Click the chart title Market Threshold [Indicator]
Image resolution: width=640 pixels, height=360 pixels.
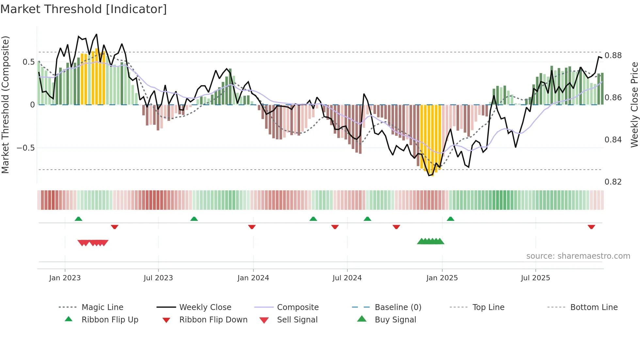click(84, 9)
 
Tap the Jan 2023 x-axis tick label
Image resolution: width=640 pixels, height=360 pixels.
click(65, 278)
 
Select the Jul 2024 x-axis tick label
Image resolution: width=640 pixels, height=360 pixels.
click(347, 278)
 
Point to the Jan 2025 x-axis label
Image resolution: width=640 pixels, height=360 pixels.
click(442, 278)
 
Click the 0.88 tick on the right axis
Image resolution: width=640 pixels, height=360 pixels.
click(613, 56)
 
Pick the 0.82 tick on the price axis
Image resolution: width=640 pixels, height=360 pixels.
click(613, 182)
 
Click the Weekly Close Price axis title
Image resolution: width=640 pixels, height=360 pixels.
click(634, 105)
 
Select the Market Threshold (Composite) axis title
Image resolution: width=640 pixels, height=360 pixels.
click(5, 105)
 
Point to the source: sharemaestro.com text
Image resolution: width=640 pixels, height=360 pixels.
click(578, 256)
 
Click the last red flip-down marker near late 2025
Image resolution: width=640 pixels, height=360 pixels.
click(591, 227)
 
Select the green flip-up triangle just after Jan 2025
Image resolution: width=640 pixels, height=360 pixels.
click(451, 219)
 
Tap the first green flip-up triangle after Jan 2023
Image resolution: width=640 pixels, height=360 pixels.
click(78, 219)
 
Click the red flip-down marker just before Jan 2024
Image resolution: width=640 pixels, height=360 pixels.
click(252, 227)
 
